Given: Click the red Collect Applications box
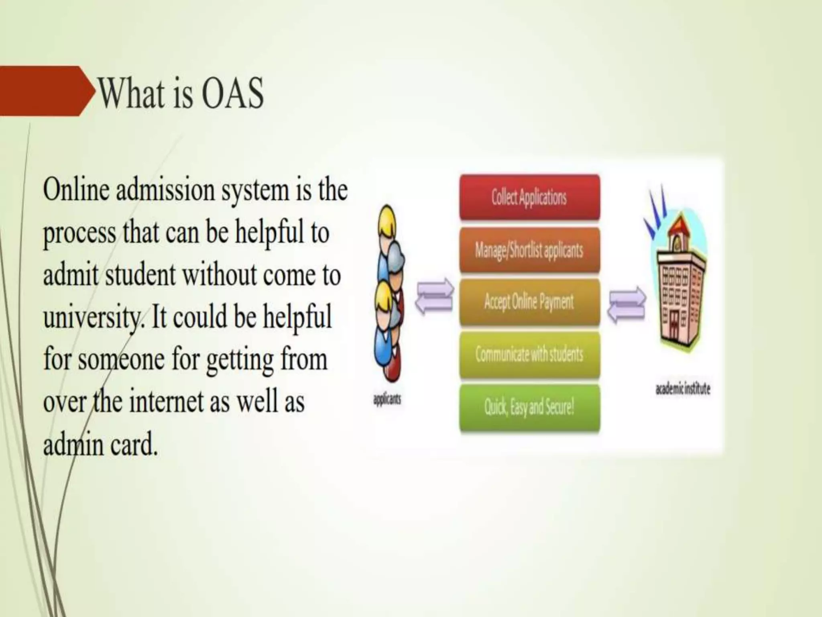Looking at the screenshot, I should pyautogui.click(x=529, y=197).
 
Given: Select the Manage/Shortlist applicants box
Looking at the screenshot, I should pyautogui.click(x=529, y=250).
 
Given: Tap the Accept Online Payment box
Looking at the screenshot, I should pyautogui.click(x=529, y=302).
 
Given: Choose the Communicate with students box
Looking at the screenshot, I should pyautogui.click(x=529, y=354).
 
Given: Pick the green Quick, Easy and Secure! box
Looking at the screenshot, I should pyautogui.click(x=529, y=407).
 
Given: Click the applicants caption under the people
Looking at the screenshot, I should pyautogui.click(x=387, y=400).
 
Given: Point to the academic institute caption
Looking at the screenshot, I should pyautogui.click(x=682, y=389).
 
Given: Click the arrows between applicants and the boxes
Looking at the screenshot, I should pyautogui.click(x=434, y=296).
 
